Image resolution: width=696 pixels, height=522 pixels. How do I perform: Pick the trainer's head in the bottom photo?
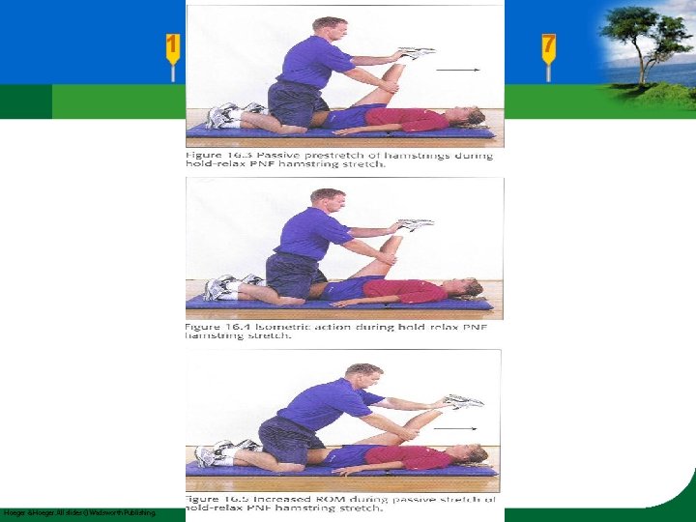364,376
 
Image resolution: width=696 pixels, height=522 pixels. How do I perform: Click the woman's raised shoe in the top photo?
417,53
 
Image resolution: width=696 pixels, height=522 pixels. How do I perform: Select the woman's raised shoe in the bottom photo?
463,400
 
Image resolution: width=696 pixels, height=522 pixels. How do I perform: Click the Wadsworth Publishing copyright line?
79,512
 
